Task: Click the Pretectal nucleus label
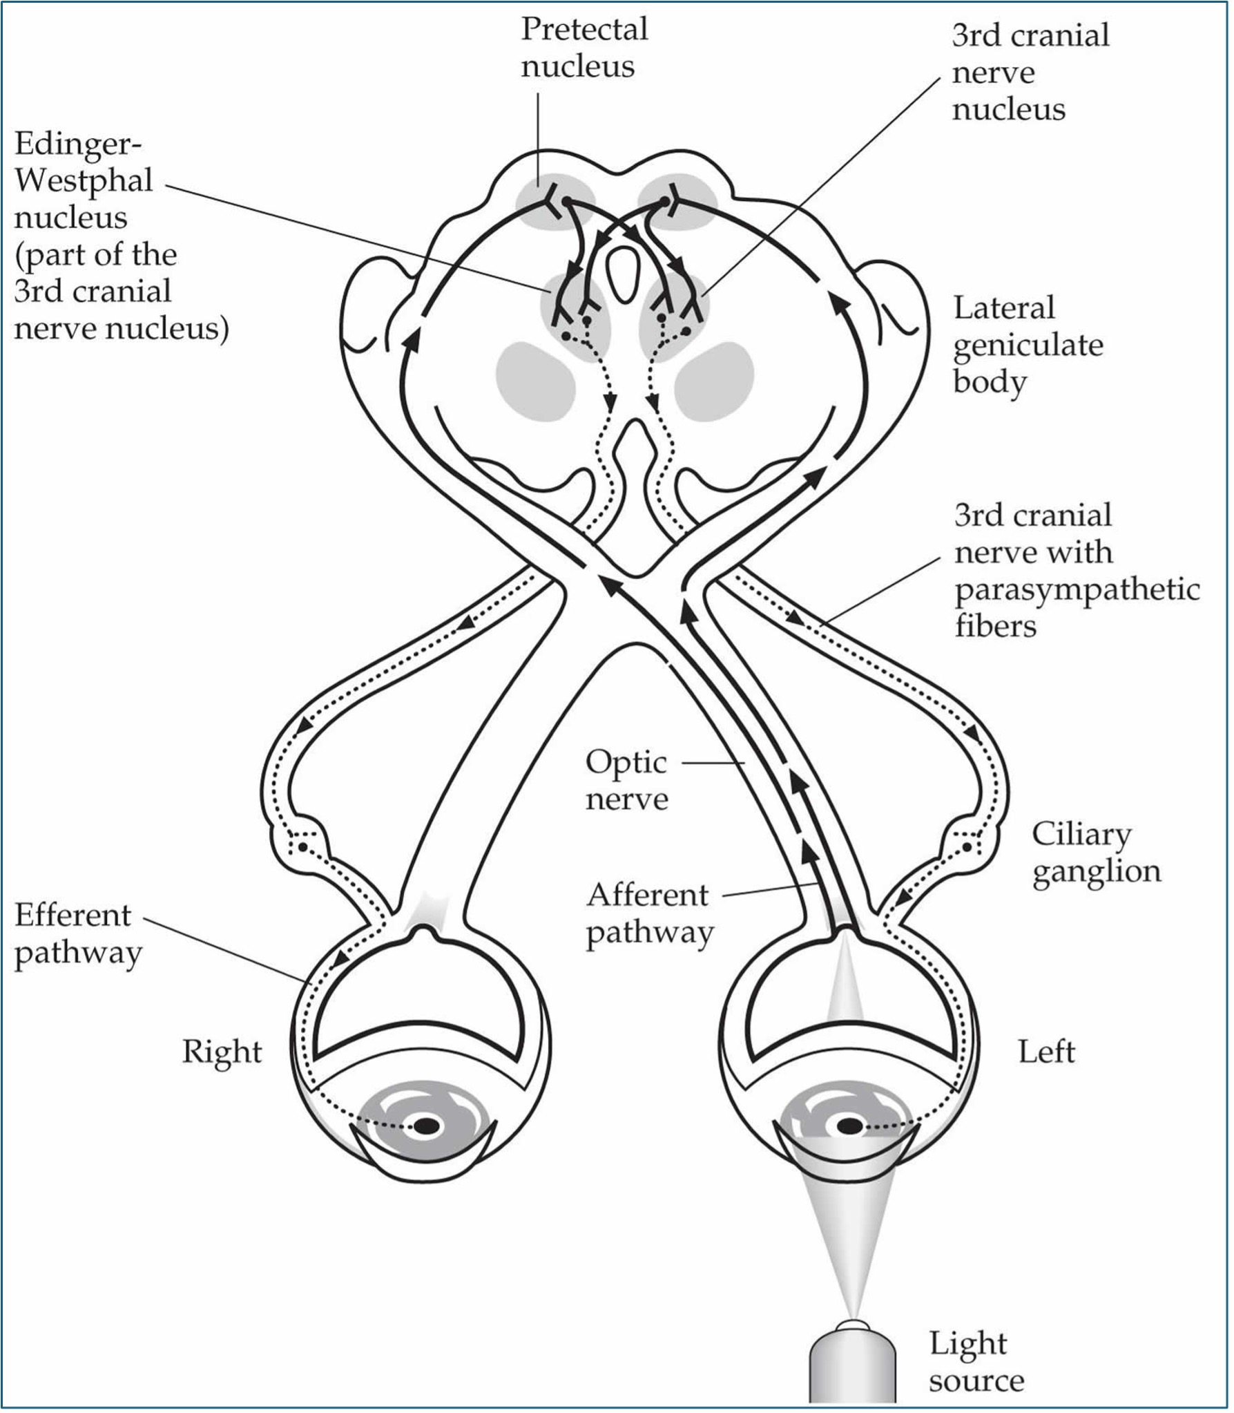(584, 47)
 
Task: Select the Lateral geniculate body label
(1027, 344)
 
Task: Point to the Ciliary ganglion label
(1096, 852)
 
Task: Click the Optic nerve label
(626, 780)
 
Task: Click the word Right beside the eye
(222, 1052)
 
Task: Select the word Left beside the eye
(1046, 1052)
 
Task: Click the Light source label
(975, 1362)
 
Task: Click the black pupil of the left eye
(849, 1126)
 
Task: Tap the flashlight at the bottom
(852, 1365)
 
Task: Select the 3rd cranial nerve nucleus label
(1029, 72)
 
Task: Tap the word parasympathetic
(1077, 589)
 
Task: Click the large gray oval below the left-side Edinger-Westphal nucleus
(535, 381)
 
